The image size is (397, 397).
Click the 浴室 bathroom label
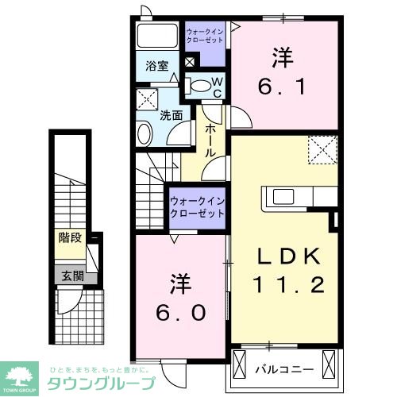(x=157, y=67)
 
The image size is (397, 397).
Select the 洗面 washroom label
(x=172, y=114)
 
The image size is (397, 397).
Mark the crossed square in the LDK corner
(x=322, y=148)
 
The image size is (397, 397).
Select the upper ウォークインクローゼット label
(x=205, y=35)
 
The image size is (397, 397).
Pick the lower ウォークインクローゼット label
(x=198, y=207)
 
